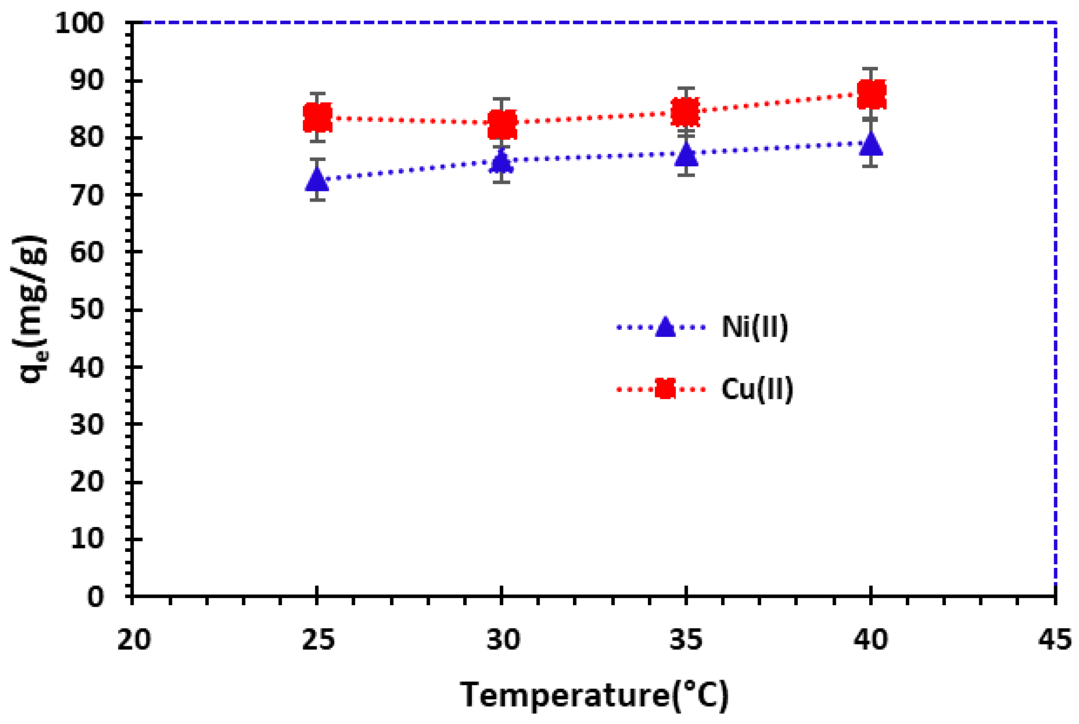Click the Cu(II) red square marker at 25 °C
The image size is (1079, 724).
pos(317,117)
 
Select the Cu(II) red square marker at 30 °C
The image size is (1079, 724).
pos(501,124)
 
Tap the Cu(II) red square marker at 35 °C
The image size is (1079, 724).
pos(685,112)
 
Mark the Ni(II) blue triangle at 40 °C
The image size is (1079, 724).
pos(871,145)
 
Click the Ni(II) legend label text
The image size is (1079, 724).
pos(755,327)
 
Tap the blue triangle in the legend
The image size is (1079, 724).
pos(665,327)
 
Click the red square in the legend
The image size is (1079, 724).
pos(665,389)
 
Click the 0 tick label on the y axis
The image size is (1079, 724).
pos(95,597)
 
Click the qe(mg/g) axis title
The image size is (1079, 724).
pos(30,309)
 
